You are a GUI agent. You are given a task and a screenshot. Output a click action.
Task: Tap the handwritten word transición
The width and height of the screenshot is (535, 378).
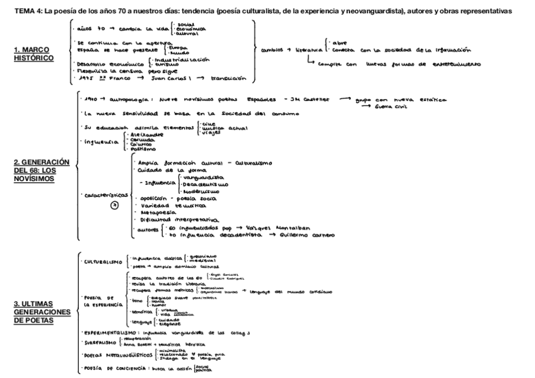[229, 80]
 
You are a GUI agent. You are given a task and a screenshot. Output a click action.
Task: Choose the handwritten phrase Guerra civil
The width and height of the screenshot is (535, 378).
[391, 107]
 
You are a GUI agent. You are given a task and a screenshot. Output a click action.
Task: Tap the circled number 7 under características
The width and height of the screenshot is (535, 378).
[114, 205]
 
